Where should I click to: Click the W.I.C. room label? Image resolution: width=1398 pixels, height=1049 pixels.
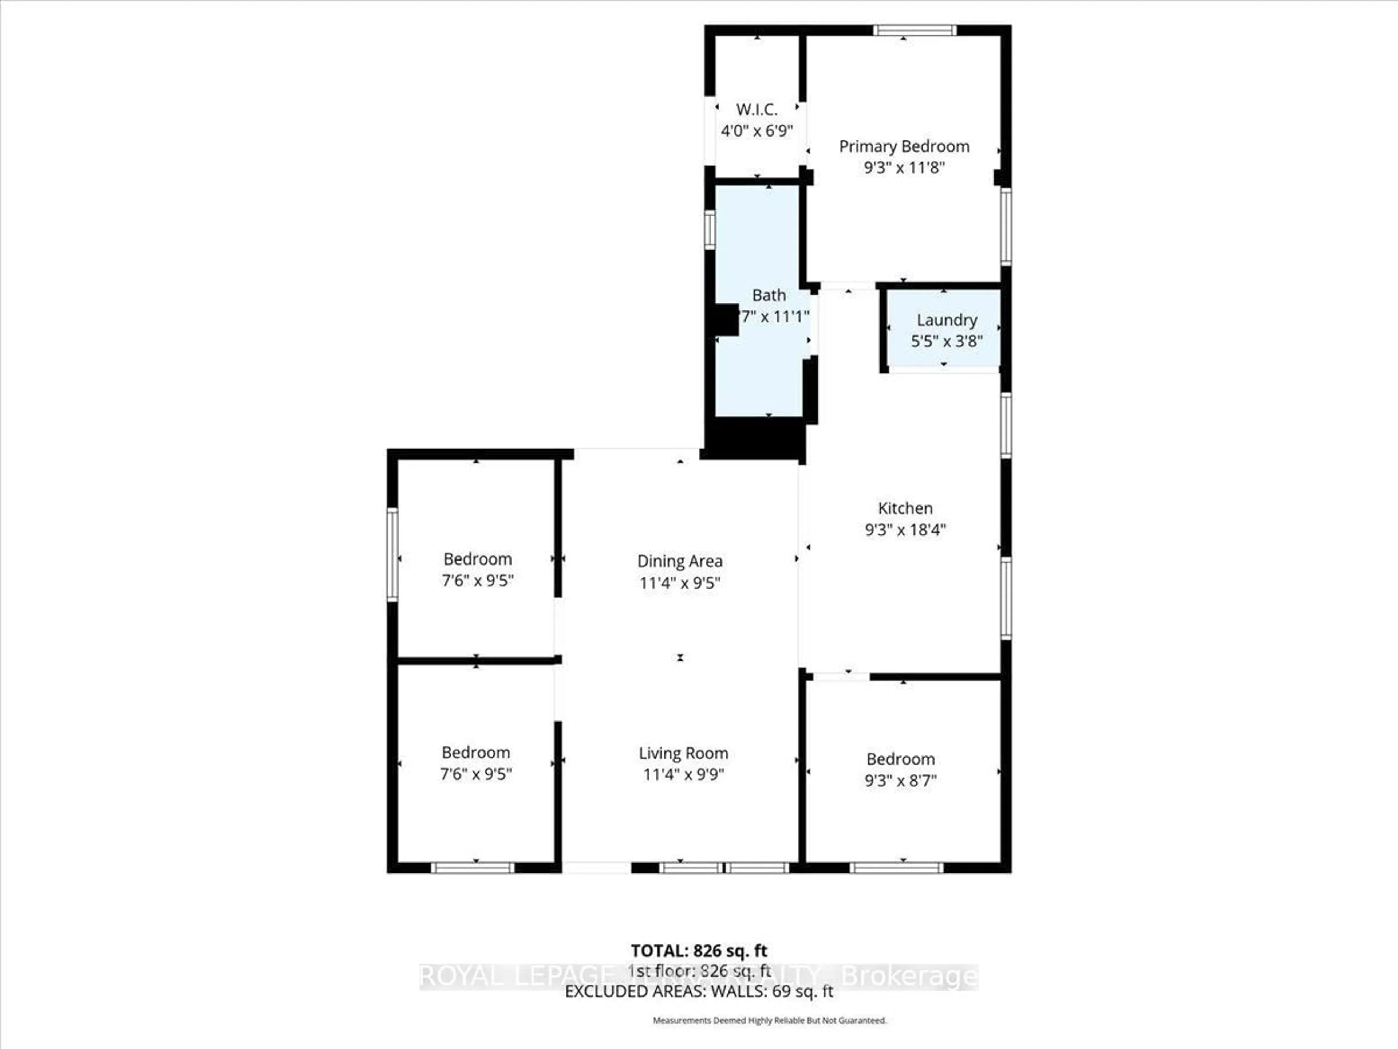[757, 109]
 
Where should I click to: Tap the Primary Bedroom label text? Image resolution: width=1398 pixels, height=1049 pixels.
[904, 147]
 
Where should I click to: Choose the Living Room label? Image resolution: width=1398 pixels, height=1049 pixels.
[683, 753]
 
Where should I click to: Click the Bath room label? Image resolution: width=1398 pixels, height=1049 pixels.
[769, 295]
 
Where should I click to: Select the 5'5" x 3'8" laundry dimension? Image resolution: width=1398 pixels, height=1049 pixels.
[946, 341]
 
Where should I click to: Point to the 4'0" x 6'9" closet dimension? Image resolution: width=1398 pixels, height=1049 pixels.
[757, 131]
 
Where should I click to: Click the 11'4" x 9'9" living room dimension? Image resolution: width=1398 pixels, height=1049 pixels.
[683, 774]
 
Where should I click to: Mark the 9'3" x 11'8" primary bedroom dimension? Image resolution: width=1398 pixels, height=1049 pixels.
[904, 168]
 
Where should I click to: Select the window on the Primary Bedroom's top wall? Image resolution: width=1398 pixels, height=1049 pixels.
[915, 30]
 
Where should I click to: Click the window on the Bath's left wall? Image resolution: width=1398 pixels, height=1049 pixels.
[710, 229]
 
